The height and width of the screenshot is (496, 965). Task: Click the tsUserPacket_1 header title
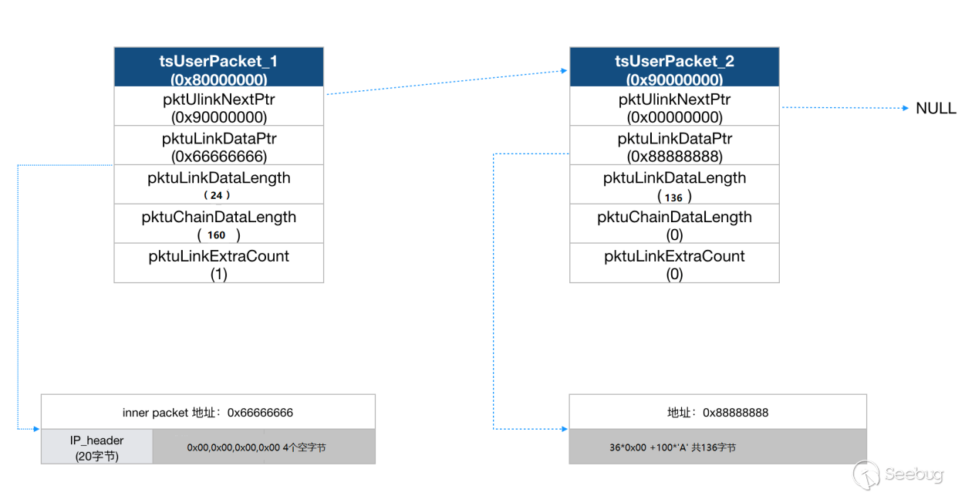218,61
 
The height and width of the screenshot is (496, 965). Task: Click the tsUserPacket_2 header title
674,61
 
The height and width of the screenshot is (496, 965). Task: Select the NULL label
936,108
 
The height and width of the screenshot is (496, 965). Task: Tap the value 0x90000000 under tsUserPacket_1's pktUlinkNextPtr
219,117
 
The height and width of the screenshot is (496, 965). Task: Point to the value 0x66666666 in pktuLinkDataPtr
219,157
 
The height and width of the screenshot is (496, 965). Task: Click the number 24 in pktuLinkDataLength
216,196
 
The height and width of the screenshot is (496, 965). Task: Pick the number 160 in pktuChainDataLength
216,235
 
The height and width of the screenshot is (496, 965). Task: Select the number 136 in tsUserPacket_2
673,197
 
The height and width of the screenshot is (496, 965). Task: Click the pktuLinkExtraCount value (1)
219,274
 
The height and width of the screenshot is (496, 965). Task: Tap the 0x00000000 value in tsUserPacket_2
675,117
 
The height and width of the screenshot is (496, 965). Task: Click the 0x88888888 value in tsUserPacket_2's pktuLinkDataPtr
675,157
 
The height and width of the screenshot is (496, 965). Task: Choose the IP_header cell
97,447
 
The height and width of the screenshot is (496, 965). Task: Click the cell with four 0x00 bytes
264,447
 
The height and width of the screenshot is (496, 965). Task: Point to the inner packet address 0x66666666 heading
208,413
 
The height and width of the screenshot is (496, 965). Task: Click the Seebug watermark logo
898,475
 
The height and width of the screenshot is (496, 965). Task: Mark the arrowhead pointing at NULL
906,108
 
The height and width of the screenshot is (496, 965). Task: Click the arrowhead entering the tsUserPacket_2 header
564,71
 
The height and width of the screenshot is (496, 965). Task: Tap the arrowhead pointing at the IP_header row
36,429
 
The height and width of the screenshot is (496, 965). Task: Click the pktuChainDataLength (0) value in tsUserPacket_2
675,235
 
